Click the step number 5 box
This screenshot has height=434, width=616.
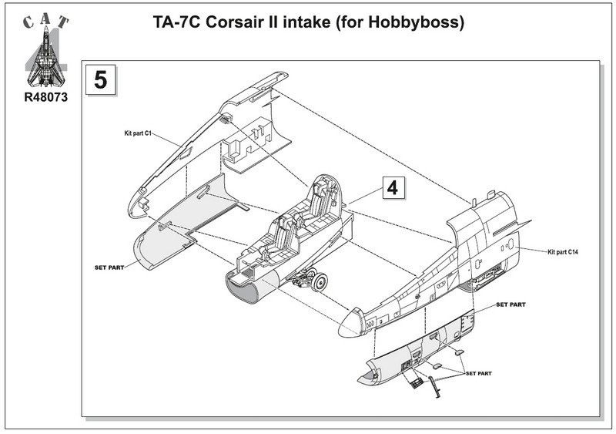pyautogui.click(x=101, y=80)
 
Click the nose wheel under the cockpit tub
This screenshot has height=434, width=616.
pyautogui.click(x=317, y=281)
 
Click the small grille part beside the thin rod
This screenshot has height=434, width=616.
pyautogui.click(x=416, y=381)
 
